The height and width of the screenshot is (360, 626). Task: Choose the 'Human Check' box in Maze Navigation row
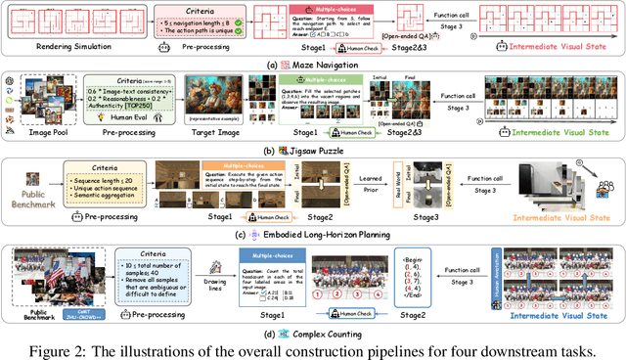click(364, 47)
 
